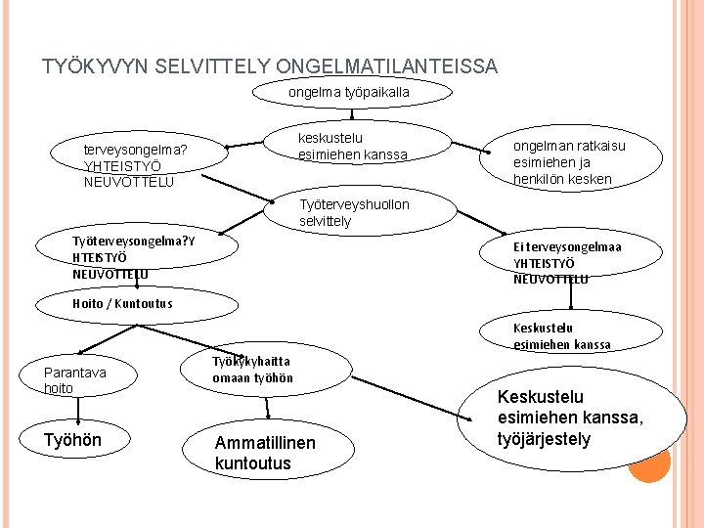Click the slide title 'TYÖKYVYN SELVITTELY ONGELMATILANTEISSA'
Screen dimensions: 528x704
coord(270,67)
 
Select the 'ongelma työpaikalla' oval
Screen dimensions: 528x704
coord(350,92)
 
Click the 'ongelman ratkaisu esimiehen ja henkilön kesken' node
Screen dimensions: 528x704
coord(570,162)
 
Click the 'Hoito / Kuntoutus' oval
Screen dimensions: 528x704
coord(124,303)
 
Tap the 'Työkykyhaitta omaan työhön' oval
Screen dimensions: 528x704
coord(252,370)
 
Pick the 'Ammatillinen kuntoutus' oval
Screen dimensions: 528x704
coord(265,453)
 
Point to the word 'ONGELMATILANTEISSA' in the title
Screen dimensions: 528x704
coord(387,67)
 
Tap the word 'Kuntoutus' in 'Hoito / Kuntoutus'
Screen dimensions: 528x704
coord(142,303)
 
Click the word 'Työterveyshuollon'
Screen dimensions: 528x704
coord(354,204)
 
